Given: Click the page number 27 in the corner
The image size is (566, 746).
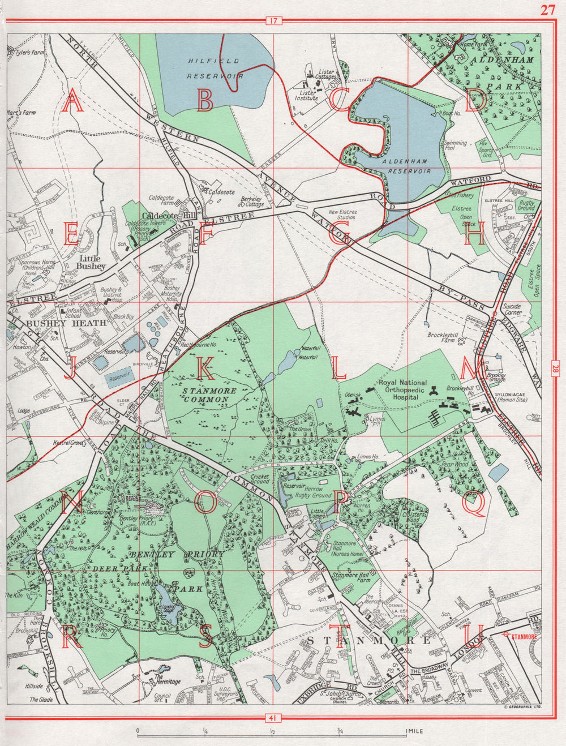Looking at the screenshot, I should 547,10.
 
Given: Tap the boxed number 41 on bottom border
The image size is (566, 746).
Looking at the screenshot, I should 272,718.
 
